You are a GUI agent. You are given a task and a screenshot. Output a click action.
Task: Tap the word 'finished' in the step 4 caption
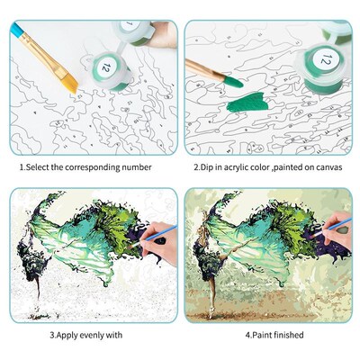click(286, 335)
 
